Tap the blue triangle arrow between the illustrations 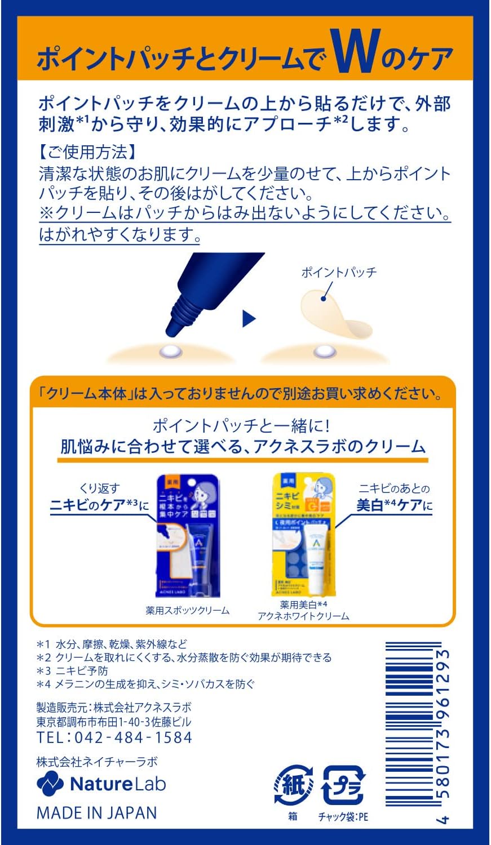[x=249, y=319]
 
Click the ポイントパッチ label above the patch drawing [x=339, y=273]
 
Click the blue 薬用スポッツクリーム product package [x=187, y=536]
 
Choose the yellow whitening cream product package [x=304, y=536]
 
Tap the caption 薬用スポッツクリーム [x=187, y=610]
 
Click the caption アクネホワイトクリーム [x=303, y=616]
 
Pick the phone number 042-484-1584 [x=114, y=737]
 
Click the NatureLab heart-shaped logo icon [x=50, y=784]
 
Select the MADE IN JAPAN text [x=96, y=812]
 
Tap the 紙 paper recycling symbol [x=293, y=785]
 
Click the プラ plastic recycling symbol [x=343, y=785]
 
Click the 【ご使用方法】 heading [x=85, y=152]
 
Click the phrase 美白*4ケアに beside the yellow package [x=394, y=505]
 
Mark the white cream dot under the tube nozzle [x=171, y=352]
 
